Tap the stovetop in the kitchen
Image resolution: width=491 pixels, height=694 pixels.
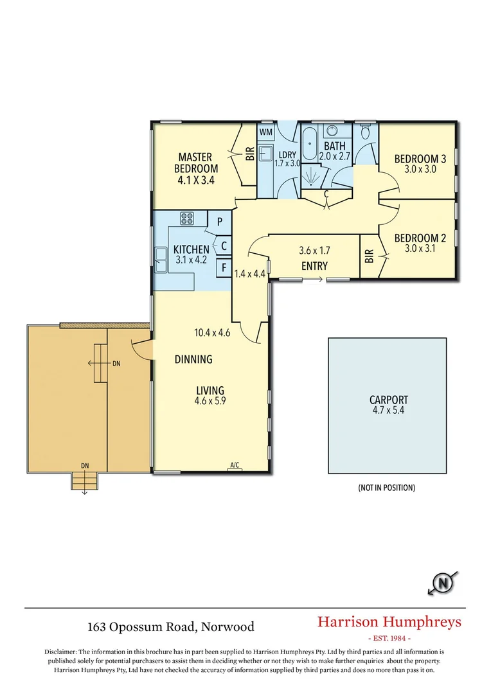point(187,218)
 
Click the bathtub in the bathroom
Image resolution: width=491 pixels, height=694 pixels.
point(310,145)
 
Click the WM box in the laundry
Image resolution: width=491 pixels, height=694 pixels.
point(266,132)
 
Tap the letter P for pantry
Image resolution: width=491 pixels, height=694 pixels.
point(219,222)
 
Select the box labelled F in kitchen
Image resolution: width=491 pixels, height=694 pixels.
point(223,267)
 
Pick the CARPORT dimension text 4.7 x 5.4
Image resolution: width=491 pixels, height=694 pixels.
point(388,410)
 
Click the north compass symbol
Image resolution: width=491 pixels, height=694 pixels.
point(443,583)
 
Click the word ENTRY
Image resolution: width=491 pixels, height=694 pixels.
point(314,266)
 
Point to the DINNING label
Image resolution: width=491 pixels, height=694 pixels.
point(193,360)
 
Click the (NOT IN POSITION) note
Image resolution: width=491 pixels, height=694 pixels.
point(386,488)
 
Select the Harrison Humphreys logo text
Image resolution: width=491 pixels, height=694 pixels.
point(389,621)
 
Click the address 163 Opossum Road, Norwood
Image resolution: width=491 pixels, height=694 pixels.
point(171,627)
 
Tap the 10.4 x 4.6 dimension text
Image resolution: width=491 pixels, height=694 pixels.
point(212,333)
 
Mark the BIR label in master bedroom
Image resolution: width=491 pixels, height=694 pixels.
point(249,154)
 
